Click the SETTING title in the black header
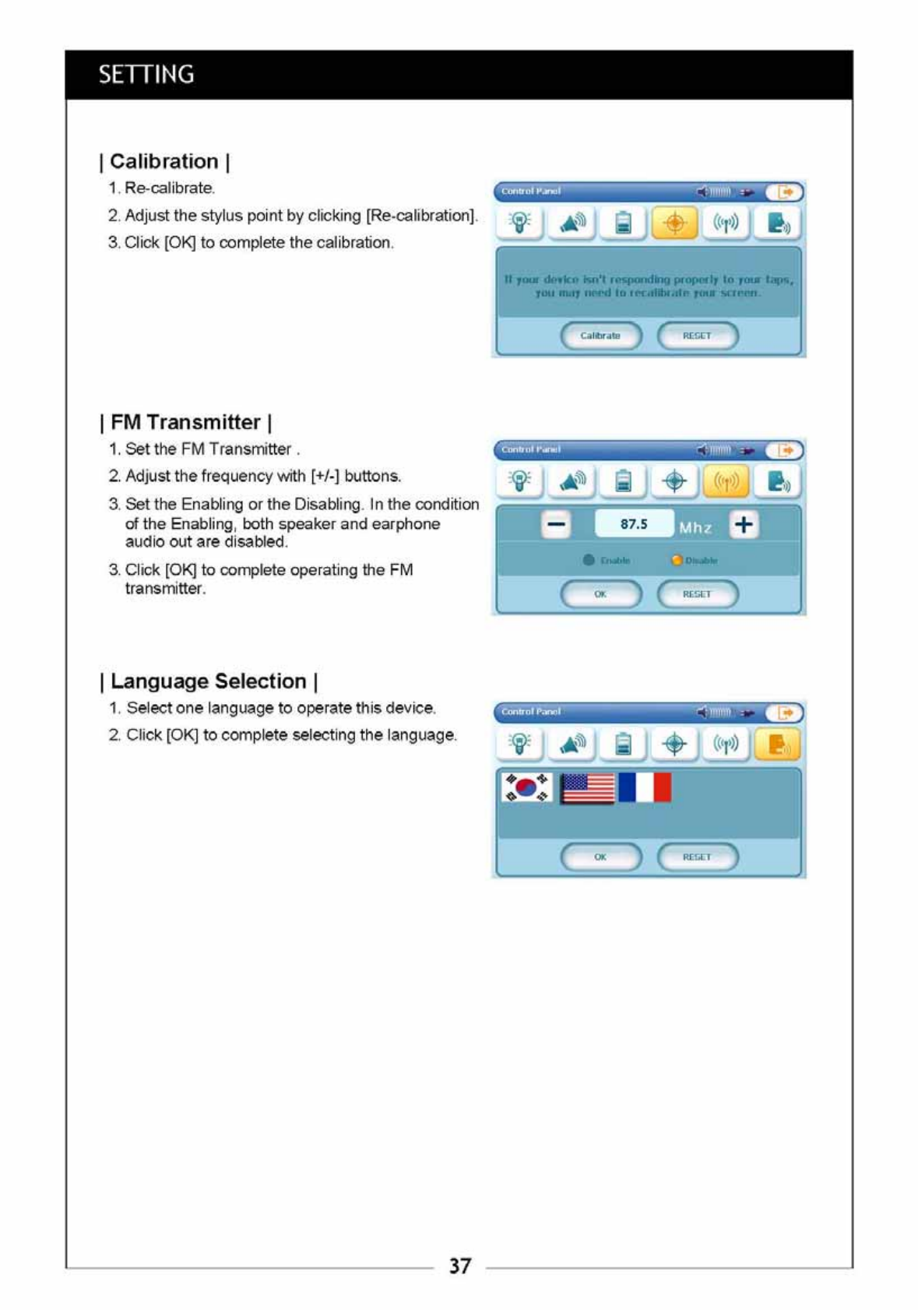(146, 75)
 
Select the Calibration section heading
(164, 161)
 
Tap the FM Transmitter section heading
(185, 422)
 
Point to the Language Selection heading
(209, 681)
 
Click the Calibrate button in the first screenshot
(600, 336)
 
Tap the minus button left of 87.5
(556, 524)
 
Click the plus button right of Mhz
(744, 524)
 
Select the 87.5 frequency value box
(634, 524)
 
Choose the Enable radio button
(589, 560)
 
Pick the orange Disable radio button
(677, 560)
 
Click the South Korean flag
(527, 787)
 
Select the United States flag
(587, 787)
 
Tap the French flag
(645, 787)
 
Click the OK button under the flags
(600, 857)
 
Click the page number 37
(459, 1266)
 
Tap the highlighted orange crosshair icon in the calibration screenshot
(674, 224)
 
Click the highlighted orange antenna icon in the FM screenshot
(726, 481)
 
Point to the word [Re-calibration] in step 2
(421, 216)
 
